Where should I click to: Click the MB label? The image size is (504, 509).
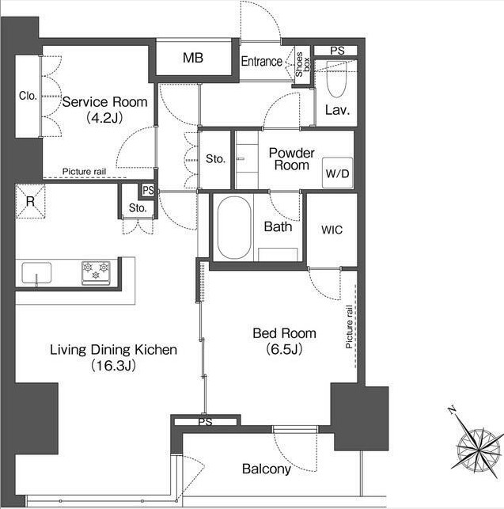click(193, 58)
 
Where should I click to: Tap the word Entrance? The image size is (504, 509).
click(262, 62)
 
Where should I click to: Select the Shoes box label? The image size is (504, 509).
click(302, 65)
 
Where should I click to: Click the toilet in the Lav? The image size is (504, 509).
click(336, 79)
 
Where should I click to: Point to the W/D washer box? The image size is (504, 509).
click(338, 173)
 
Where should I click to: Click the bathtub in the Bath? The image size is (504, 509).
click(234, 227)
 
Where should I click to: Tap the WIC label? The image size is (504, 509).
click(332, 230)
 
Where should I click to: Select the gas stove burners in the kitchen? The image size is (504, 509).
click(96, 272)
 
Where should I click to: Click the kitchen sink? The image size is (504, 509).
click(36, 272)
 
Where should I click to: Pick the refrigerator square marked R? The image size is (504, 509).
click(30, 202)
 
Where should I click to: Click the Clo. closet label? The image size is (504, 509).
click(28, 96)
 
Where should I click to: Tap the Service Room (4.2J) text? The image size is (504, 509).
click(104, 110)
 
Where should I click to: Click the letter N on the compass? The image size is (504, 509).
click(452, 410)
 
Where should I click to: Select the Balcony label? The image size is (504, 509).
click(267, 469)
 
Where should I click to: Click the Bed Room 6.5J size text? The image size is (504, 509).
click(284, 349)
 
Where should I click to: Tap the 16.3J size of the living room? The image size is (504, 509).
click(113, 366)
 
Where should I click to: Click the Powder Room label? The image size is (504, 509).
click(292, 159)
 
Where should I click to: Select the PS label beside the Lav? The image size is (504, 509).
click(337, 51)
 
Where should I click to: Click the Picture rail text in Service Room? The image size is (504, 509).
click(84, 172)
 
